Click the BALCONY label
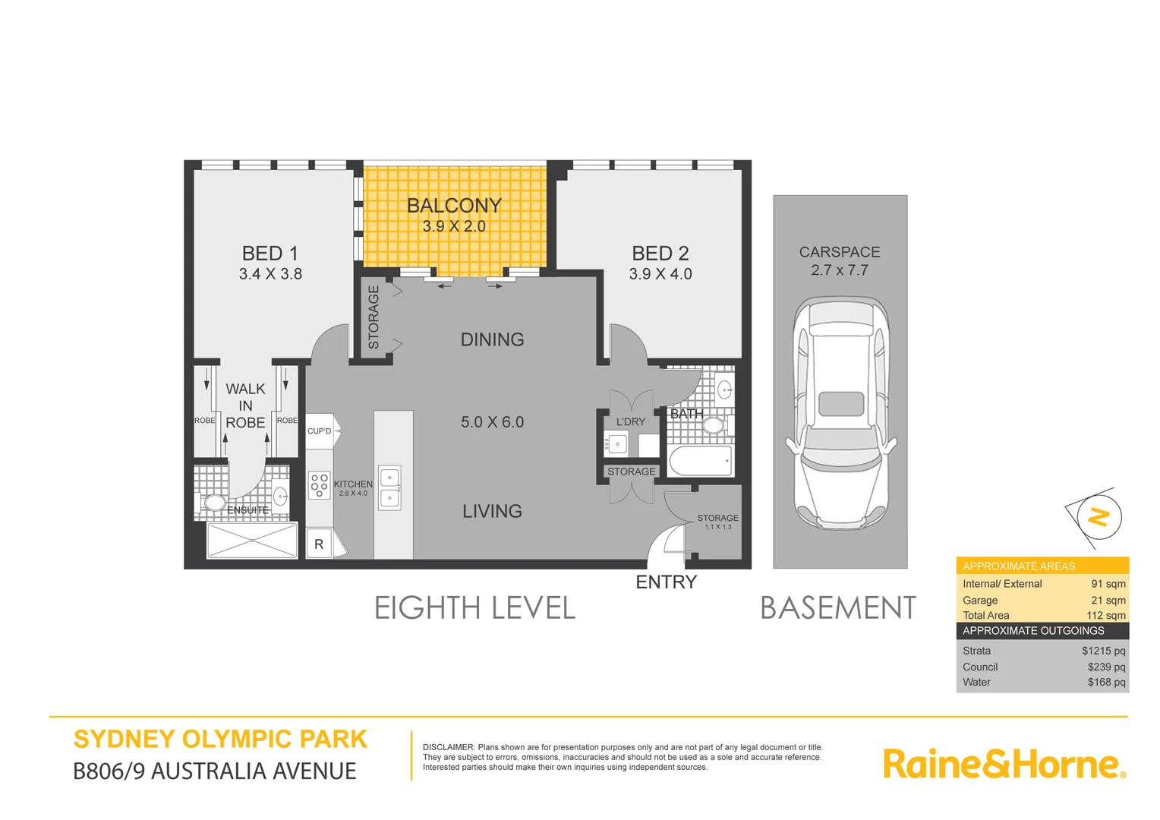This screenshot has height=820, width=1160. coord(454,206)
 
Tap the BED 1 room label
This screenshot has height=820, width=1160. coord(270,254)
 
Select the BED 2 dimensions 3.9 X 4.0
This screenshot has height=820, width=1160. coord(660,274)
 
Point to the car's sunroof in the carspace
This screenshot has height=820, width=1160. coord(840,404)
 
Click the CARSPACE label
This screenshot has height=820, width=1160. coord(840,252)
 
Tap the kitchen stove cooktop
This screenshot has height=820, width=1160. coord(319,485)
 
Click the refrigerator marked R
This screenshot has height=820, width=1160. coord(319,544)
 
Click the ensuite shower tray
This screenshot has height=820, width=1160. coord(252,540)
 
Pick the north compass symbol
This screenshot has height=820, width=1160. coord(1097,517)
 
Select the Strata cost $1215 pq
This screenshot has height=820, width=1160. coord(1103,651)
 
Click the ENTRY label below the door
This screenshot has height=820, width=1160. coord(666,582)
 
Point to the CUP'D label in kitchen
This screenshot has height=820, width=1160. coord(319,431)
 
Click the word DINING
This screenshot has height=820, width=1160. coord(492,339)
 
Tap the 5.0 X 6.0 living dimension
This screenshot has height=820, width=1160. coord(492,422)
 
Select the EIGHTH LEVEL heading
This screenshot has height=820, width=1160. coord(474,608)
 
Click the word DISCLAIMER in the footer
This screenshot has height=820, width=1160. coord(448,747)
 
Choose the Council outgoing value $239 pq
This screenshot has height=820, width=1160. coord(1106,667)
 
